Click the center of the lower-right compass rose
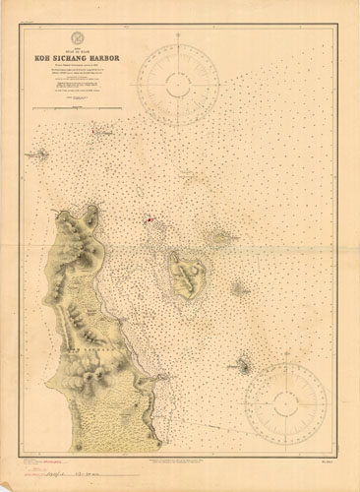pos(285,398)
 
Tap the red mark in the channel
pos(149,219)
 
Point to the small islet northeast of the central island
pos(220,236)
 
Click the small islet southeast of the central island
pos(238,289)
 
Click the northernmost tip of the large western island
pos(94,206)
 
